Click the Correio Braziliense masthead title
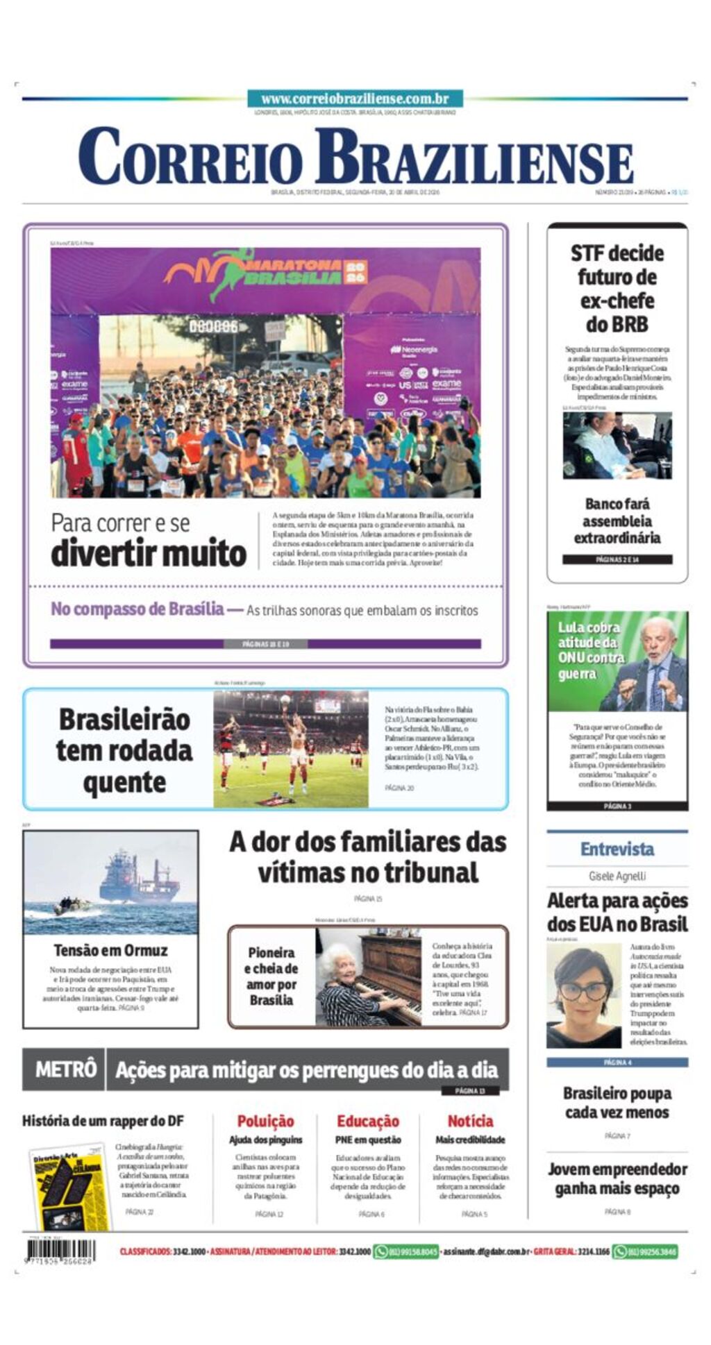355,158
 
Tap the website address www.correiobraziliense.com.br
355,99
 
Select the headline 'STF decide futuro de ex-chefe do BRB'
617,289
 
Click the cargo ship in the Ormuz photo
139,878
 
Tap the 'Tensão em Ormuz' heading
110,950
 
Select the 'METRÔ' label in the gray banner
65,1069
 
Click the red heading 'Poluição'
265,1121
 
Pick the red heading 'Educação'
367,1121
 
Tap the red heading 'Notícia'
470,1121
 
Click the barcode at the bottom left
60,1251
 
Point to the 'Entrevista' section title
617,849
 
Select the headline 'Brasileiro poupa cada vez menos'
617,1103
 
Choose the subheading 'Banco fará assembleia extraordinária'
617,521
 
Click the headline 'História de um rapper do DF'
103,1121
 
